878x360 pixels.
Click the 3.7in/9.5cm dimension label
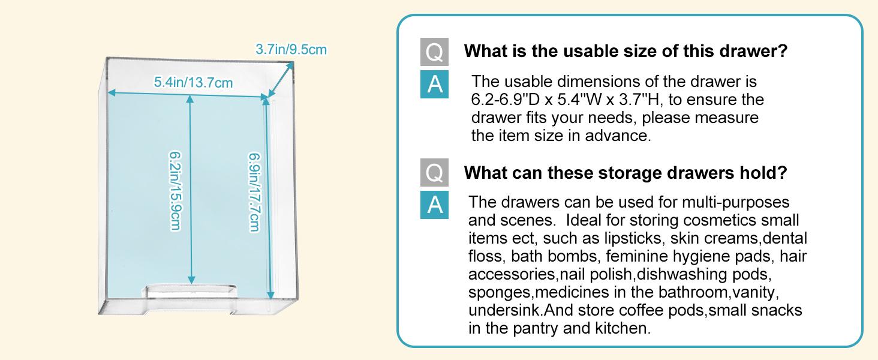(291, 49)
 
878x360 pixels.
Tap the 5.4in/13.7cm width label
(193, 82)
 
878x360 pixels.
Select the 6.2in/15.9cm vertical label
(175, 191)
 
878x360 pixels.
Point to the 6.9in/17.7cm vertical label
(255, 193)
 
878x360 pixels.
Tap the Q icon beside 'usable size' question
(434, 52)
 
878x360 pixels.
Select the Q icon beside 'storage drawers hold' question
(434, 173)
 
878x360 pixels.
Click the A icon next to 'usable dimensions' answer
(434, 84)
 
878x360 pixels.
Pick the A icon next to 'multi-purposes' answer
(434, 205)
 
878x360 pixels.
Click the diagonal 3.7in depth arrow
(280, 79)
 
